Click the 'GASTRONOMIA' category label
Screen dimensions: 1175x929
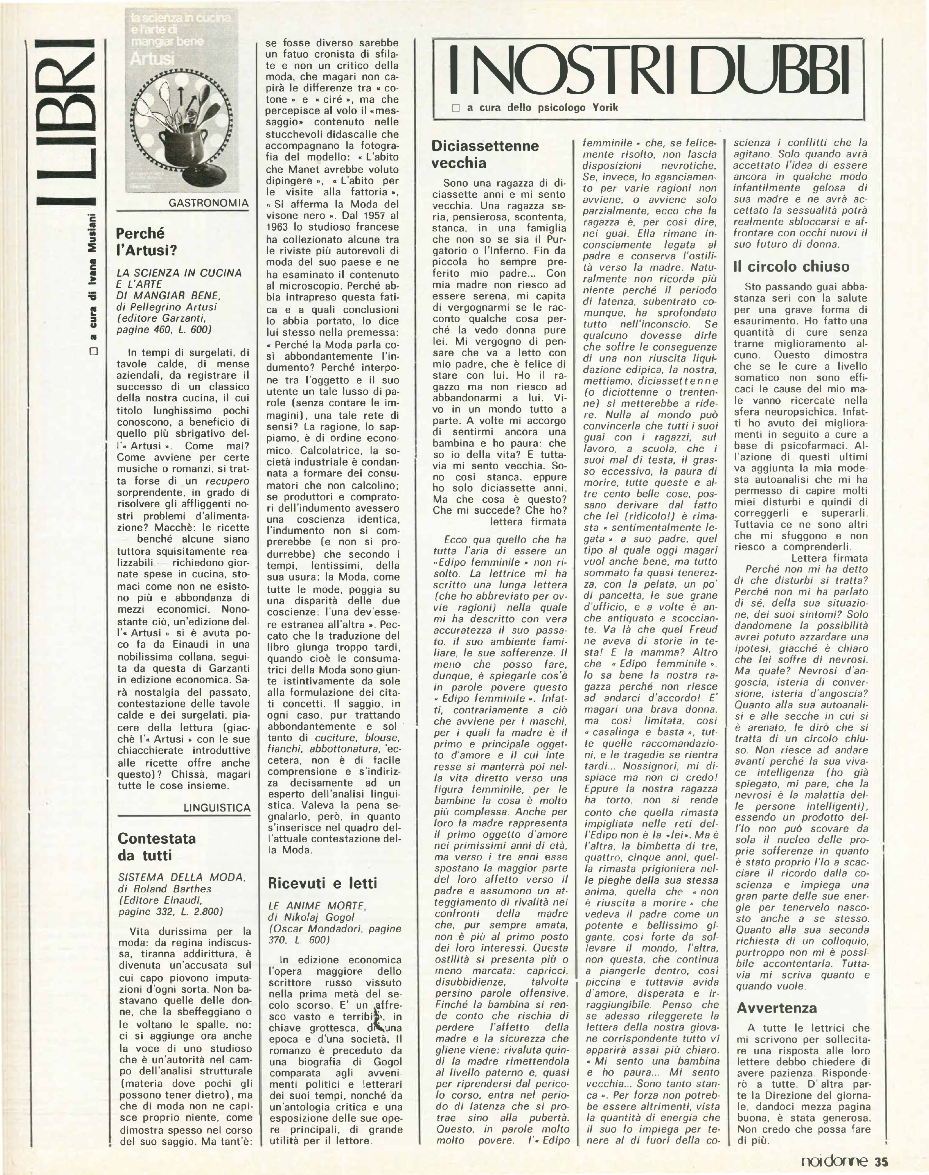coord(208,203)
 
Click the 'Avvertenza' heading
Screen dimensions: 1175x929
coord(777,992)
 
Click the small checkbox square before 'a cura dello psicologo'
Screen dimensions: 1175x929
coord(456,108)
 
